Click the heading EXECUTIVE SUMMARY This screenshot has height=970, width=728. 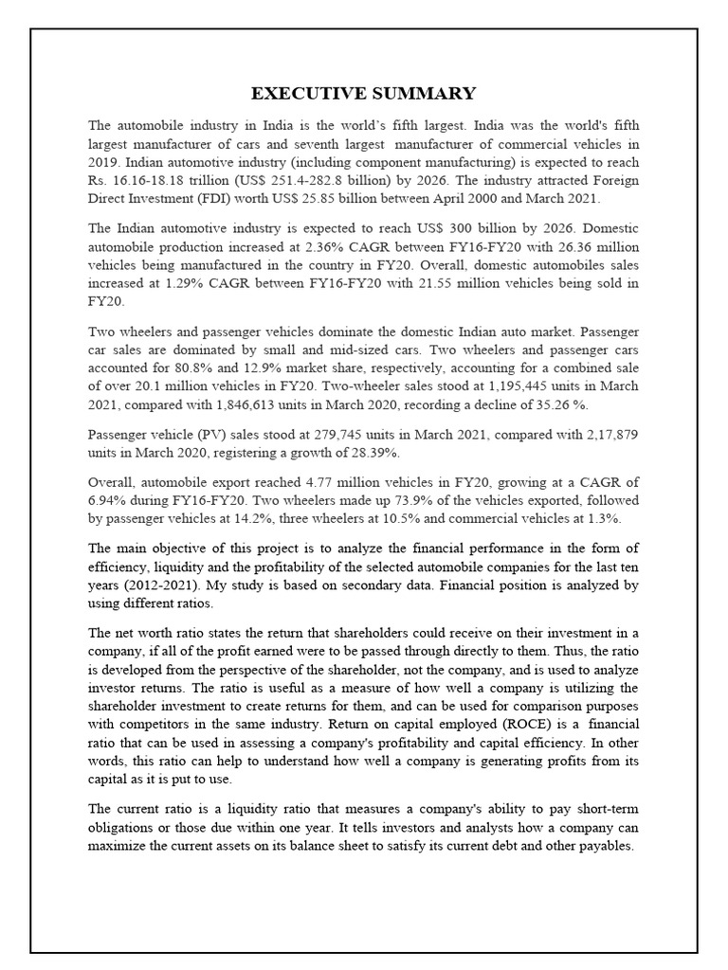[363, 93]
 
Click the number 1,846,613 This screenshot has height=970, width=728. [249, 404]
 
